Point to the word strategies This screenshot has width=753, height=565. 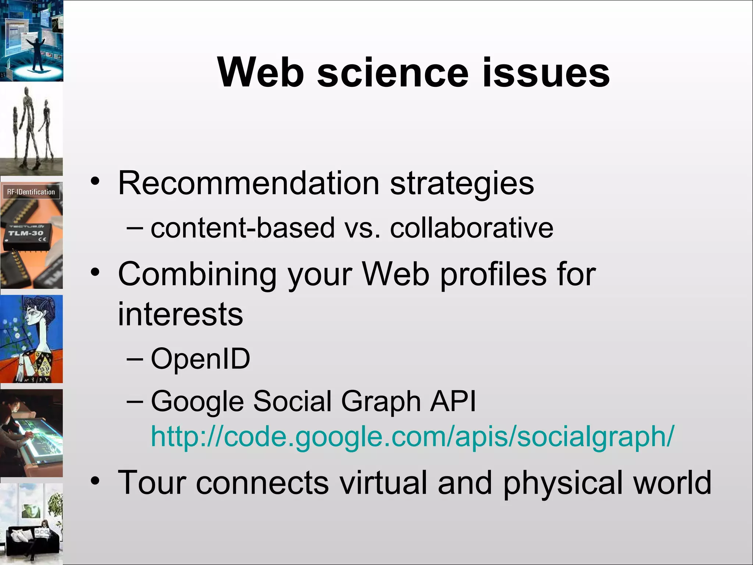(462, 184)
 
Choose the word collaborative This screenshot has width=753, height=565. (472, 228)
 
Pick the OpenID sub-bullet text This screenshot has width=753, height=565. (201, 358)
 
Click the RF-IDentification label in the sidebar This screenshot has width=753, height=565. (31, 192)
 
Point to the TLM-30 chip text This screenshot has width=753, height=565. (26, 233)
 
